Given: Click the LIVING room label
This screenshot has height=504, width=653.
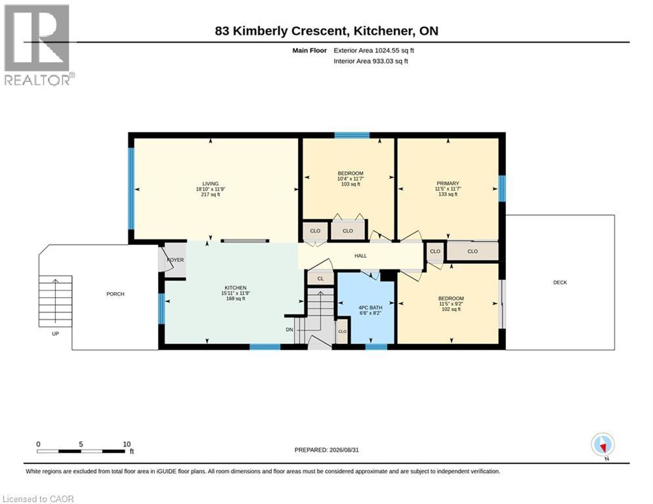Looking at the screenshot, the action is [x=210, y=184].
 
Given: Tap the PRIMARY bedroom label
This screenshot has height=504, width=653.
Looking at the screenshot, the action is [x=448, y=183].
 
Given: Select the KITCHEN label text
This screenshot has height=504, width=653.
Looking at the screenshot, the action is [x=236, y=288].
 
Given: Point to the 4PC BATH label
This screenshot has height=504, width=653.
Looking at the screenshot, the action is [x=370, y=307].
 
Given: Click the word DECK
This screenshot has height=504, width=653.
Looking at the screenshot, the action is [x=560, y=282].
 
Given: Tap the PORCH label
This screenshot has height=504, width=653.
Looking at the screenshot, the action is [x=116, y=294].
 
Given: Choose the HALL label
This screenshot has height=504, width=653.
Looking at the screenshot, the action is [x=361, y=256].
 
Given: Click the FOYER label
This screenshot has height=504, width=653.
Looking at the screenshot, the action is [x=175, y=260].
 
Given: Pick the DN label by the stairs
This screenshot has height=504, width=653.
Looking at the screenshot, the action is [x=289, y=329].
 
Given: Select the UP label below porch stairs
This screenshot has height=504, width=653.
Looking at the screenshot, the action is [x=55, y=333].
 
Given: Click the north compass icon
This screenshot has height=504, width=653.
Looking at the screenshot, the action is [x=602, y=446].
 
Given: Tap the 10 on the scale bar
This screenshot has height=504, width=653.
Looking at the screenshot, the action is [x=127, y=444].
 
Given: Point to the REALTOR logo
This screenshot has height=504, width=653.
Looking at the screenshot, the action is [x=37, y=45].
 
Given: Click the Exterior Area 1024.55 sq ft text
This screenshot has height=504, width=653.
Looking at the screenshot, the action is [x=373, y=51].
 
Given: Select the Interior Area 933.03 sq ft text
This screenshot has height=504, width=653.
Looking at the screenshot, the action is [x=371, y=61].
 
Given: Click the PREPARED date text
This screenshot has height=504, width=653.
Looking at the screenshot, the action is [x=327, y=450].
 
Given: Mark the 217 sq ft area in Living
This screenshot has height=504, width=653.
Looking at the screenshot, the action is [x=210, y=194].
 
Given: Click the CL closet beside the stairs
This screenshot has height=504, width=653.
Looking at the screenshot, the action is [x=320, y=279].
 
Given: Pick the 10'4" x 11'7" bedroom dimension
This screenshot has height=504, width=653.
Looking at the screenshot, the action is [x=350, y=178].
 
